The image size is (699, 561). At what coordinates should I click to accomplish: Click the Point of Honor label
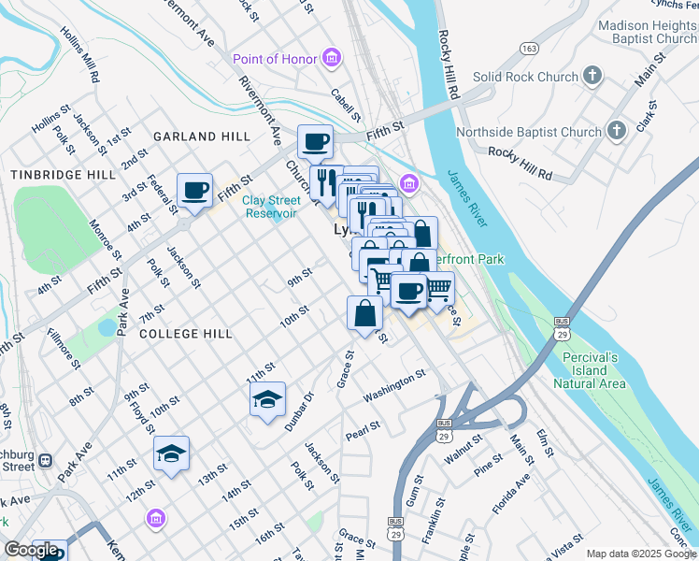[x=275, y=60]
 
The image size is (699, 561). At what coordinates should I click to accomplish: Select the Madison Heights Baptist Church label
[x=646, y=33]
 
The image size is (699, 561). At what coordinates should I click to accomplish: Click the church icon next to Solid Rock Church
[x=592, y=75]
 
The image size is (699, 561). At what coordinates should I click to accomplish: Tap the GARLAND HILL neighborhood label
[x=202, y=137]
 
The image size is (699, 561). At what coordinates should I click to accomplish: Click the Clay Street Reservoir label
[x=271, y=207]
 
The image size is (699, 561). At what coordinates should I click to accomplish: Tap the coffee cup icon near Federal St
[x=195, y=191]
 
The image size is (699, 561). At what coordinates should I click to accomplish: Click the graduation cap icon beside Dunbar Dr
[x=267, y=400]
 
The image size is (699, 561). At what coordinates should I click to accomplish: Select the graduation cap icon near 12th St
[x=171, y=454]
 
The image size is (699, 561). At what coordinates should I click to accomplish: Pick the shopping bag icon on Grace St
[x=364, y=314]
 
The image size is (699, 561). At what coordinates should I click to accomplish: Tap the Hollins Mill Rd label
[x=79, y=54]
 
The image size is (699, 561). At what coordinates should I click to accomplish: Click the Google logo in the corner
[x=32, y=550]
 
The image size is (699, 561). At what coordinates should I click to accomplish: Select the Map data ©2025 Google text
[x=640, y=554]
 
